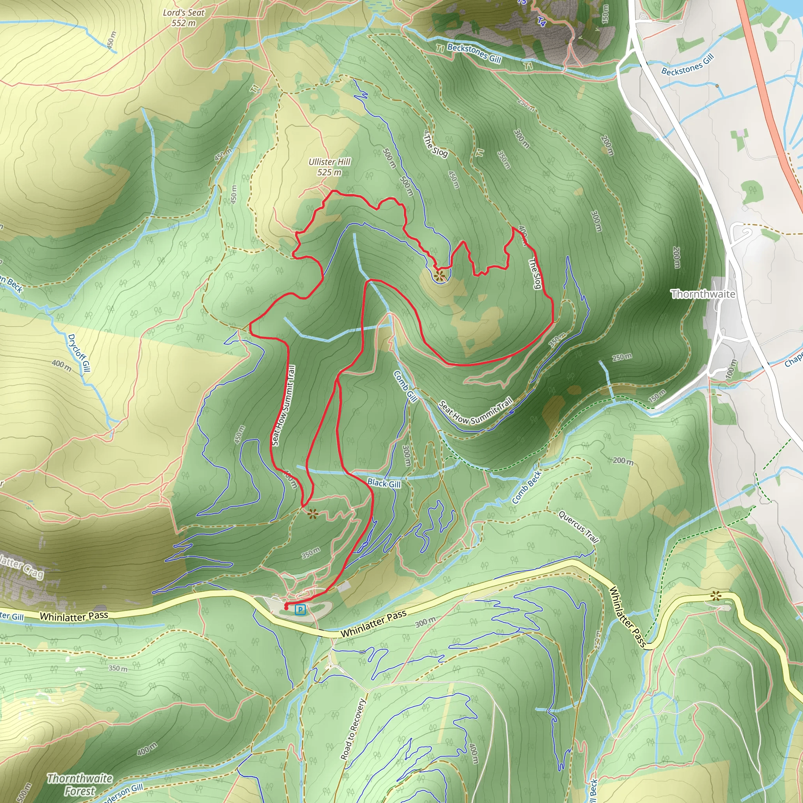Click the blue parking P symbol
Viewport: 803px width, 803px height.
coord(300,610)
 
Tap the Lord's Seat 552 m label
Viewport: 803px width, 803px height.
coord(184,18)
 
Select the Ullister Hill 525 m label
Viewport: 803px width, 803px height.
coord(330,167)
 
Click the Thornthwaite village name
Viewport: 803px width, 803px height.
coord(703,294)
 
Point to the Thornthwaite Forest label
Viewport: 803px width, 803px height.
coord(79,785)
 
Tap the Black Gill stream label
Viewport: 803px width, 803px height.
coord(384,483)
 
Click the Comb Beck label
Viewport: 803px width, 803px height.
coord(527,487)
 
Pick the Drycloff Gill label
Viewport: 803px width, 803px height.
coord(79,353)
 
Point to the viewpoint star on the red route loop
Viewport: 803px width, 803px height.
coord(439,275)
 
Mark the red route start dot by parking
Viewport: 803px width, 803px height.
coord(286,608)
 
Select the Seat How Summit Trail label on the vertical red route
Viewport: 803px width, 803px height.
coord(284,406)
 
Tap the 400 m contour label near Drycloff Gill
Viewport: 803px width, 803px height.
coord(62,365)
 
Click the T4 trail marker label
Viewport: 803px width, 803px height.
coord(541,22)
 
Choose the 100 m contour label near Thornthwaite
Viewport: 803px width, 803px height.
coord(730,369)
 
